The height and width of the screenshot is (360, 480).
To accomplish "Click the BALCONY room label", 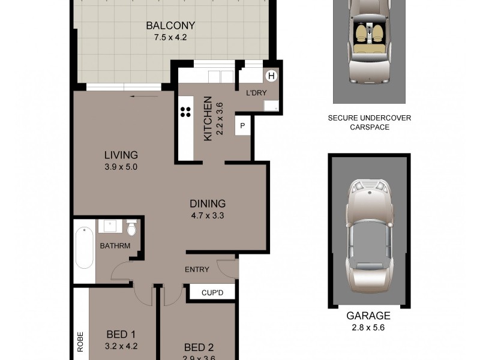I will (171, 26).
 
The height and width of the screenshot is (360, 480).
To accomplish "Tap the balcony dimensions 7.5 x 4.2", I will (171, 37).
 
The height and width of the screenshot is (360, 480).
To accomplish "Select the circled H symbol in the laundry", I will (271, 76).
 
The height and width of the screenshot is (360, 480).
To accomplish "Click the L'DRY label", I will (256, 94).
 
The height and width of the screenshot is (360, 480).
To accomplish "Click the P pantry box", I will (242, 125).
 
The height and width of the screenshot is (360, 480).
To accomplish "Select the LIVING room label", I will (120, 155).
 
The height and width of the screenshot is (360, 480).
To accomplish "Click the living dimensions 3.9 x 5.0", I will (120, 167).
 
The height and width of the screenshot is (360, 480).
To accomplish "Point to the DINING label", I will (207, 203).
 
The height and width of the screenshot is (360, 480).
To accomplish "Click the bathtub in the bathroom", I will (85, 247).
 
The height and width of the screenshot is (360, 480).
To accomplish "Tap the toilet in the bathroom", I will (132, 229).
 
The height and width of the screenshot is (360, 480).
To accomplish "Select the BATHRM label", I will (114, 246).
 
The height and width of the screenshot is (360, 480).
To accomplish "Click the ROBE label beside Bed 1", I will (79, 340).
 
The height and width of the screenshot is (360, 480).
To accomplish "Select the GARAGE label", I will (368, 316).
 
